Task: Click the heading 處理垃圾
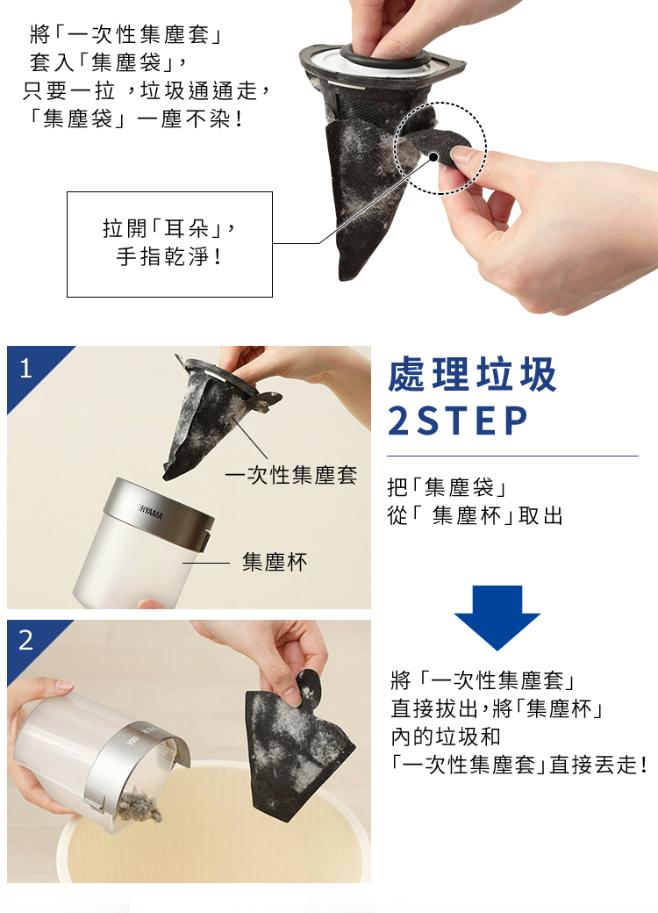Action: [x=472, y=374]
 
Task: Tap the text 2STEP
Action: [x=457, y=421]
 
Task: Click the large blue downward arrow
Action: [x=497, y=618]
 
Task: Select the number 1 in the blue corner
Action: [x=25, y=369]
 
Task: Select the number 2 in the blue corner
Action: [x=26, y=641]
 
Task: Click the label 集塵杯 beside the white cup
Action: [x=275, y=562]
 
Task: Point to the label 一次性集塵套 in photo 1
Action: [x=291, y=475]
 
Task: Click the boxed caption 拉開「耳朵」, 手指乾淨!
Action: [x=169, y=244]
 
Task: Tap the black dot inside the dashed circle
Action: [x=433, y=156]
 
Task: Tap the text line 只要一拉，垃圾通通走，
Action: [x=146, y=90]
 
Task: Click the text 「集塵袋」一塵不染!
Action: [x=136, y=119]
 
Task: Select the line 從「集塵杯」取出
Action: [x=475, y=516]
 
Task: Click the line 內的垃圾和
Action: [x=446, y=737]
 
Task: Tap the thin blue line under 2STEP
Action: [x=512, y=456]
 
